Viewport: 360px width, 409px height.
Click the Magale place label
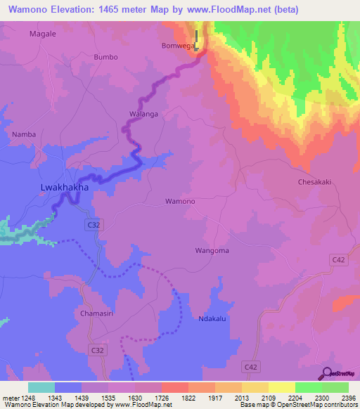click(41, 34)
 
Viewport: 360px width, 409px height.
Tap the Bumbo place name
click(105, 57)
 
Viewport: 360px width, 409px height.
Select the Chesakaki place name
click(314, 181)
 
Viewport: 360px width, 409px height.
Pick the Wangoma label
click(212, 250)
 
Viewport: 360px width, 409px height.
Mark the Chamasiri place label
click(97, 313)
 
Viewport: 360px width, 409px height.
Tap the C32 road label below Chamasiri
click(97, 349)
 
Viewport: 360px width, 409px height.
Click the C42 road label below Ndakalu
click(250, 366)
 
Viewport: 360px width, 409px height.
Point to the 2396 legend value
click(347, 398)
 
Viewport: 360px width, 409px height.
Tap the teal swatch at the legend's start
click(41, 387)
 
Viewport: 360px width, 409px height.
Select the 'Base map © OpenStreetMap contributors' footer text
click(298, 405)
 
